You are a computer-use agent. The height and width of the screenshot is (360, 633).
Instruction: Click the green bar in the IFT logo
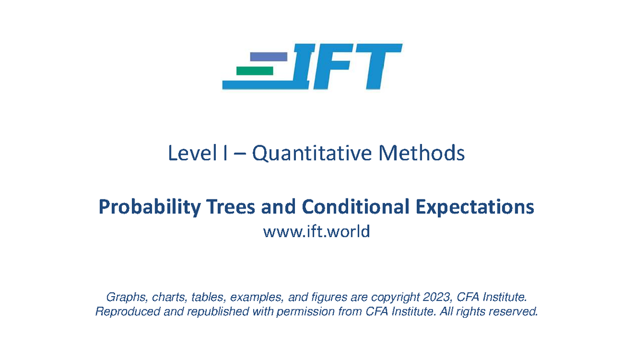[x=255, y=70]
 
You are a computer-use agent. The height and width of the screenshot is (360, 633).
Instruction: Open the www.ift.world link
[x=316, y=231]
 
